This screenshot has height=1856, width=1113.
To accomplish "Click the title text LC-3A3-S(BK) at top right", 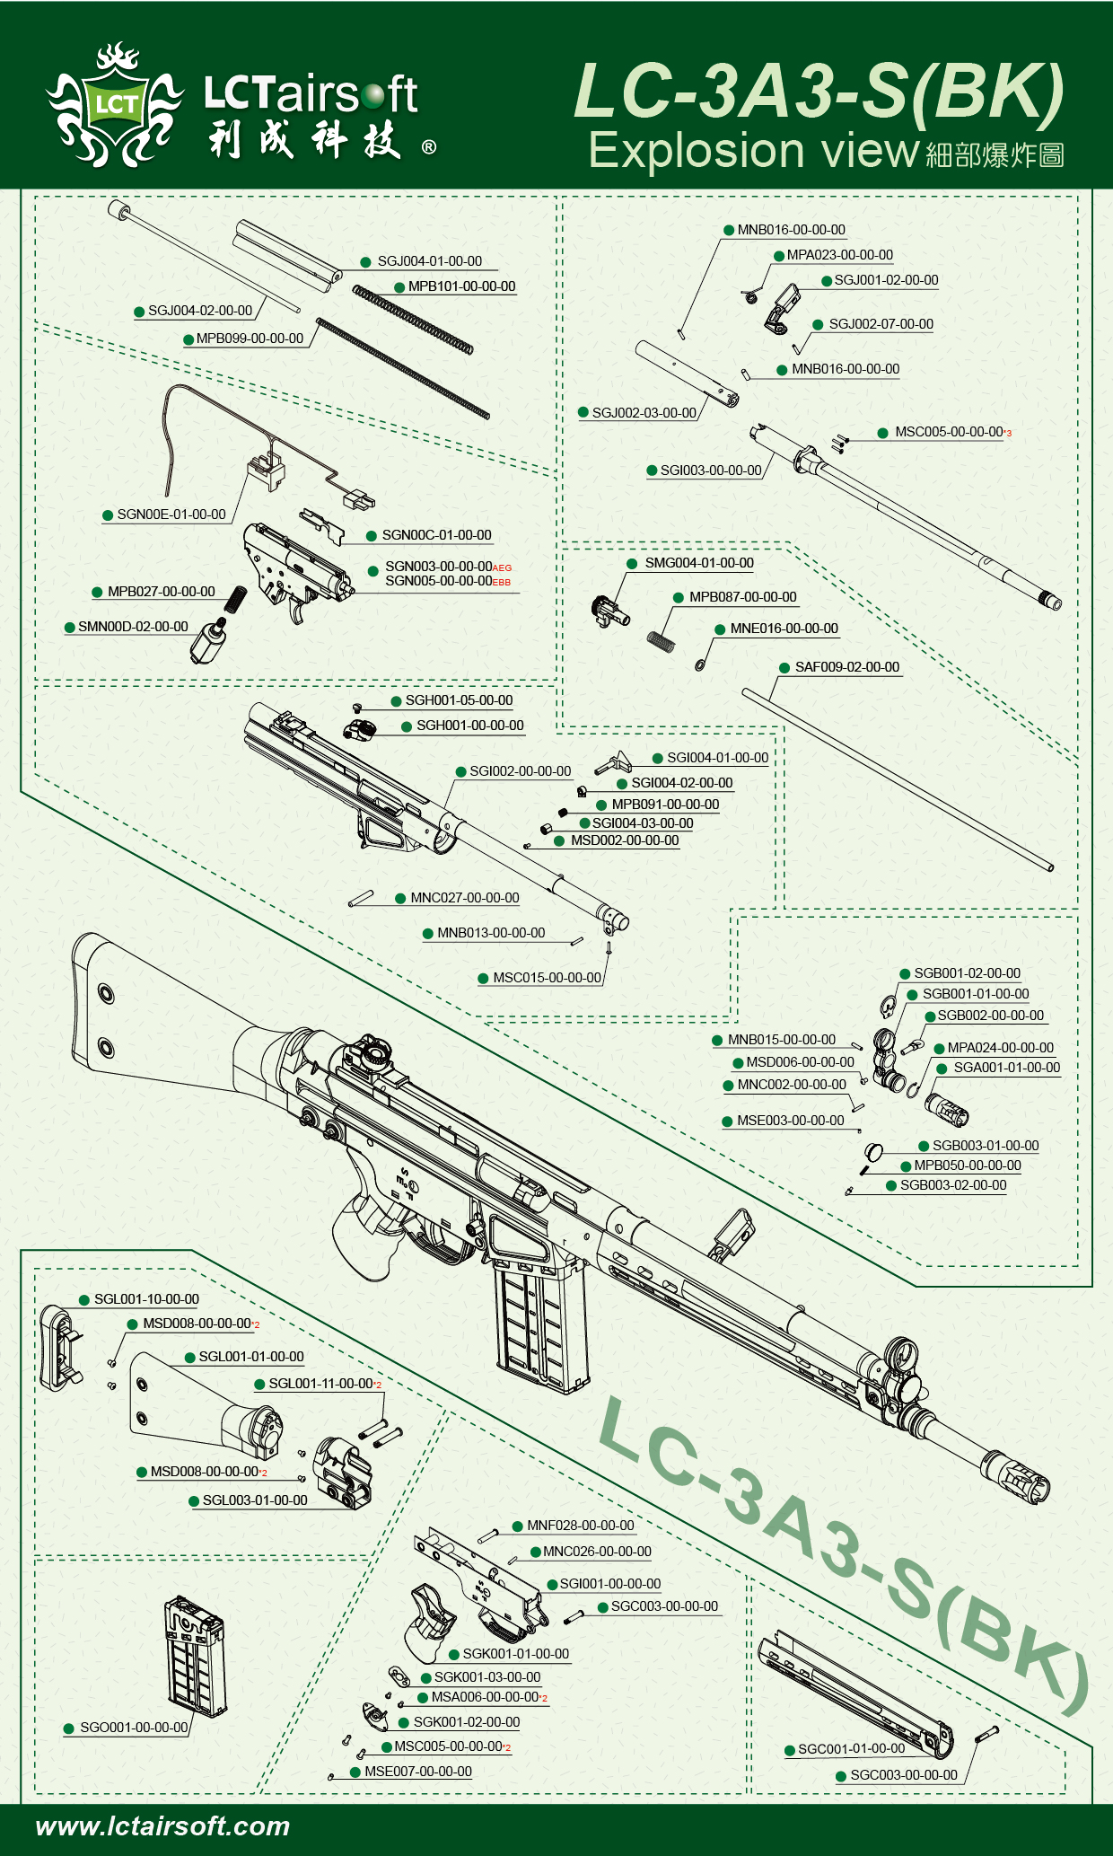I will click(x=818, y=91).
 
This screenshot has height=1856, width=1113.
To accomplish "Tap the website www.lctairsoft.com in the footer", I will click(x=162, y=1826).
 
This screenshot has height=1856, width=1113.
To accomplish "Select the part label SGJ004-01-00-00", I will click(x=429, y=261).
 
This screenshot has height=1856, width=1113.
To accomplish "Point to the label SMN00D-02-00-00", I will click(x=133, y=627).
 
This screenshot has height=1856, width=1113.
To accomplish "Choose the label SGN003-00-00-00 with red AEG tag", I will click(x=438, y=567).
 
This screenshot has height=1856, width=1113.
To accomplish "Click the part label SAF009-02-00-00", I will click(x=846, y=667).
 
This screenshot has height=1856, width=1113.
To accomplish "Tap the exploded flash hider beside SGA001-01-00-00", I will click(x=948, y=1109).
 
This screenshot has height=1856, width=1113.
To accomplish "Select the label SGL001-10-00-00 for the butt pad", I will click(x=146, y=1299).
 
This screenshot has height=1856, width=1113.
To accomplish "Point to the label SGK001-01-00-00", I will click(x=515, y=1654).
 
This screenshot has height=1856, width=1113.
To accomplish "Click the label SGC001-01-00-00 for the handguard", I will click(x=851, y=1749).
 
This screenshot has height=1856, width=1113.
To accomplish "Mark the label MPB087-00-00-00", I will click(x=742, y=597).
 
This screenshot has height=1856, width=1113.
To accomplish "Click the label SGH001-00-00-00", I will click(x=469, y=726).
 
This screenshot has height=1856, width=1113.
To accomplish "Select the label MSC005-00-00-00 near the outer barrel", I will click(x=948, y=432).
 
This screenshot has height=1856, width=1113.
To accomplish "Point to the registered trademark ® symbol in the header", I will click(x=429, y=147).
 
